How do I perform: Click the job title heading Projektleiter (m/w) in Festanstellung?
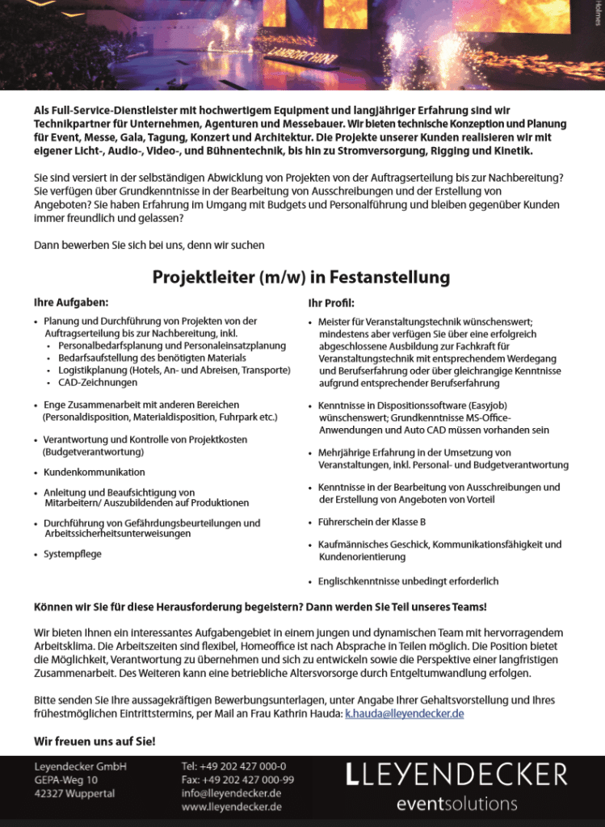pyautogui.click(x=301, y=278)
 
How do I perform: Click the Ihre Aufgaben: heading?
pyautogui.click(x=71, y=302)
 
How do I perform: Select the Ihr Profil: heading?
pyautogui.click(x=331, y=303)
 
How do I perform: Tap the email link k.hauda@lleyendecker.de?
pyautogui.click(x=404, y=714)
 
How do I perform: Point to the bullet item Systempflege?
pyautogui.click(x=73, y=554)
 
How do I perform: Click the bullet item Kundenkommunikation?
pyautogui.click(x=95, y=472)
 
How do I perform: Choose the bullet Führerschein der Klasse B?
pyautogui.click(x=372, y=522)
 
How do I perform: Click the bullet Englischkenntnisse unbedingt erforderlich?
pyautogui.click(x=408, y=581)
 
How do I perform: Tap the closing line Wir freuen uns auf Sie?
pyautogui.click(x=95, y=741)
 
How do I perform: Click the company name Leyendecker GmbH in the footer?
pyautogui.click(x=80, y=766)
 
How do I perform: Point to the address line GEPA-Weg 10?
pyautogui.click(x=65, y=779)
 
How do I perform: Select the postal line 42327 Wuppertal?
pyautogui.click(x=74, y=793)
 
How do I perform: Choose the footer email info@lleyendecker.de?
pyautogui.click(x=231, y=793)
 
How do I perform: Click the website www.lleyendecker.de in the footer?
pyautogui.click(x=231, y=807)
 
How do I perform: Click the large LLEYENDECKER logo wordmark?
pyautogui.click(x=456, y=775)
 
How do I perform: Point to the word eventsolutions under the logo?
pyautogui.click(x=456, y=804)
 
